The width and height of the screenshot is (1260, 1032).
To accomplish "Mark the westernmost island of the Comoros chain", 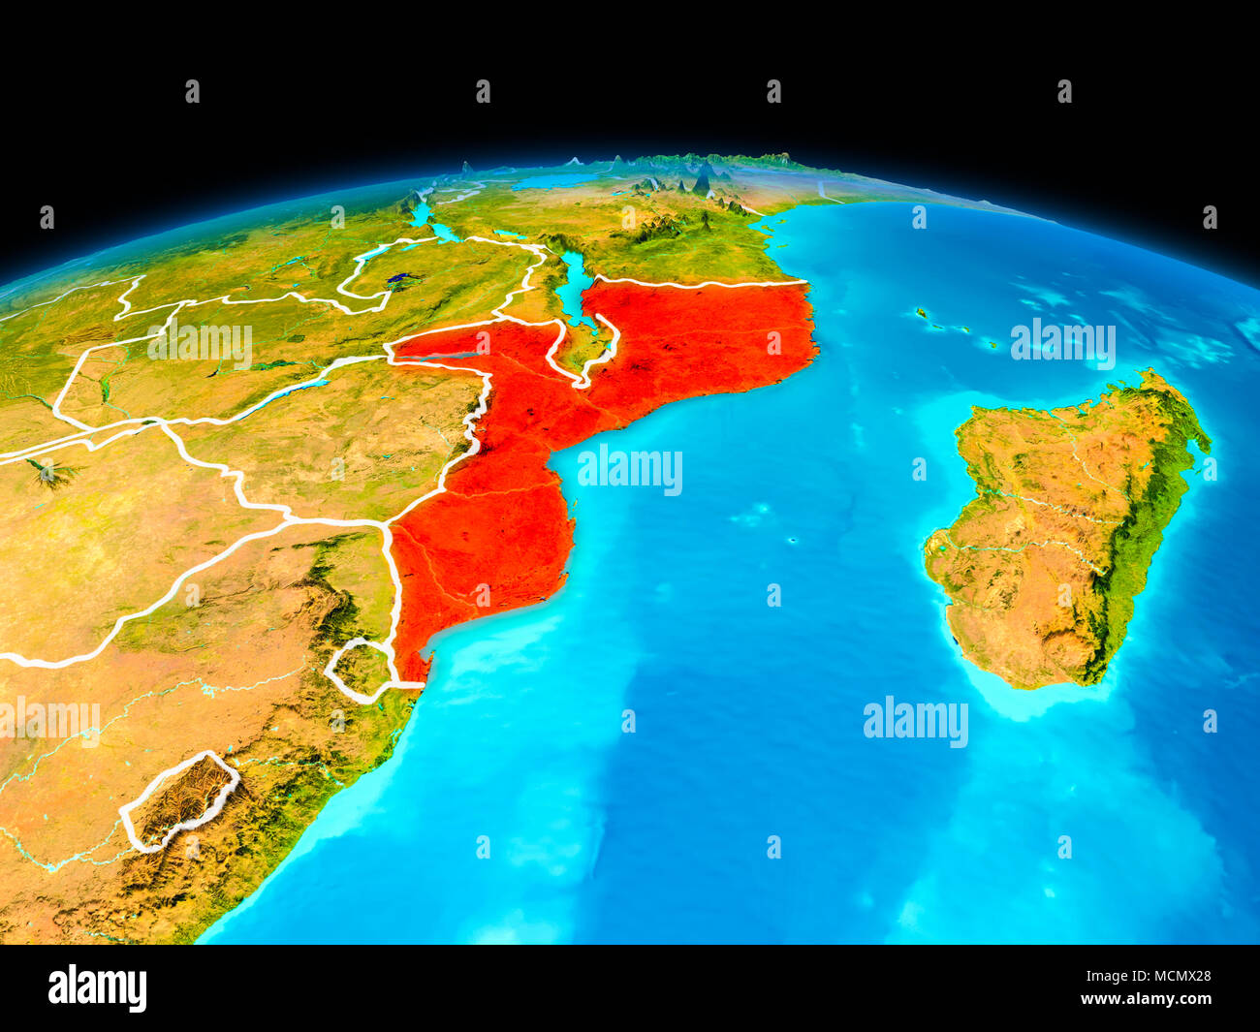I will (919, 313).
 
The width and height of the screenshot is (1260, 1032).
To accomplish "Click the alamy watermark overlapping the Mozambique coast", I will (630, 470).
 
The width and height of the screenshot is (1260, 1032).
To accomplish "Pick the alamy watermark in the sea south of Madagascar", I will (915, 722).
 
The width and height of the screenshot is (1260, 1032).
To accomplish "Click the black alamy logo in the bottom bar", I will (97, 987).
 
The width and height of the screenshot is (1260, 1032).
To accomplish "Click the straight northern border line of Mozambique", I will (698, 283).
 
